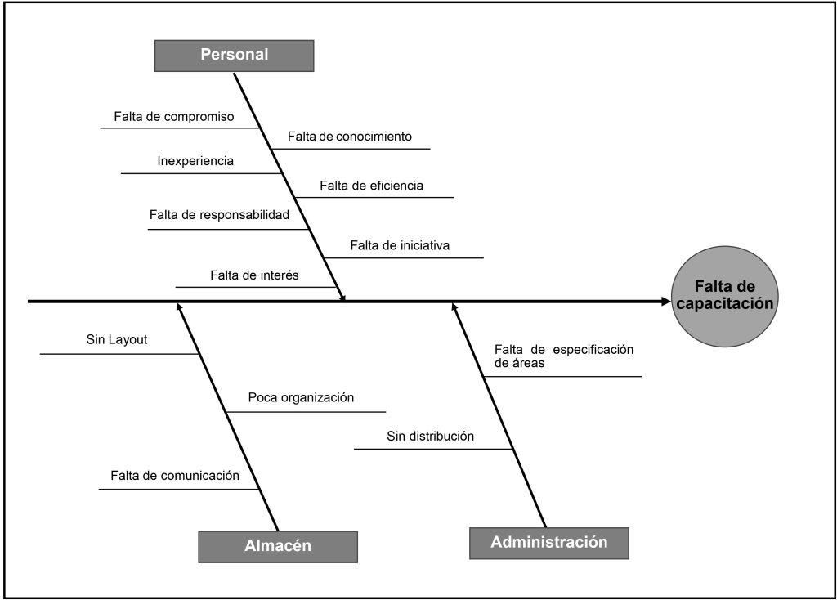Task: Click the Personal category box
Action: click(235, 56)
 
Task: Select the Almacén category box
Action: click(278, 546)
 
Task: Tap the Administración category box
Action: click(549, 542)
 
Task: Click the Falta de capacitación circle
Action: click(724, 295)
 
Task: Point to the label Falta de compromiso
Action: click(174, 117)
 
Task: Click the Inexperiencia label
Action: click(195, 161)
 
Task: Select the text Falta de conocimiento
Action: click(350, 137)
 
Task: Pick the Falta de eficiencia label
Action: click(372, 186)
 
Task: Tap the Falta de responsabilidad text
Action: click(220, 215)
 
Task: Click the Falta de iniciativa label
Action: click(401, 245)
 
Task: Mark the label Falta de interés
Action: click(254, 275)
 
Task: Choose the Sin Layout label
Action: click(117, 339)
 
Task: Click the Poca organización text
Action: click(302, 398)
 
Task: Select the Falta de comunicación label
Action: click(175, 475)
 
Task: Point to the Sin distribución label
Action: click(431, 436)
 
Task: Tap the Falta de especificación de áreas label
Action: click(564, 356)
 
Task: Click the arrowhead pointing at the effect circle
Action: click(665, 302)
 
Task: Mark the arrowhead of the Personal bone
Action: click(343, 297)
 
